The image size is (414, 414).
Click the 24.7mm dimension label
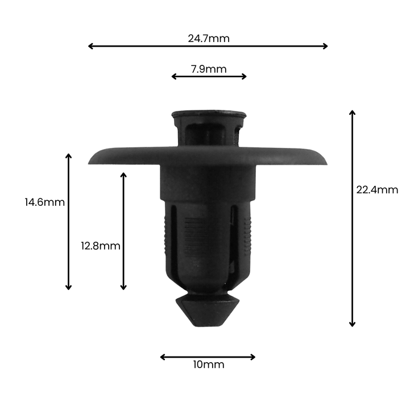coord(208,39)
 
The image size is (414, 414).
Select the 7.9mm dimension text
coord(208,69)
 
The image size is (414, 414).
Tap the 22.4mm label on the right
coord(377,190)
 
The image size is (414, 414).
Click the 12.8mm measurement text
coord(101,246)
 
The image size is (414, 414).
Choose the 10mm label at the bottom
coord(208,365)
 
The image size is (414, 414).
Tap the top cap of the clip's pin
coord(209,114)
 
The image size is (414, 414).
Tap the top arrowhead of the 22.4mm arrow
coord(352,113)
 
